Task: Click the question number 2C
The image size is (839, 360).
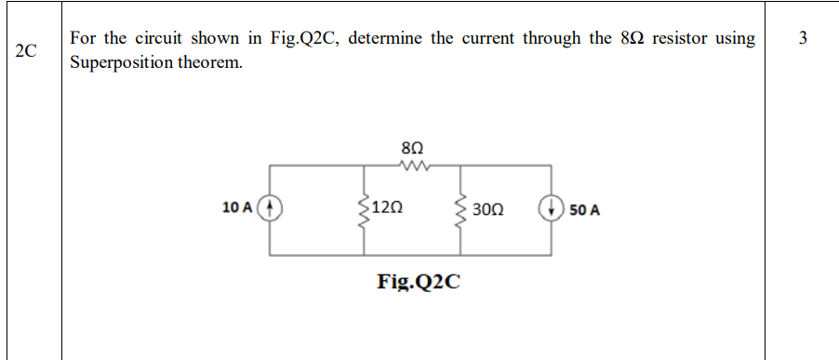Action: pos(27,51)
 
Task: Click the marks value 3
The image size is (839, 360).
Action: pos(803,38)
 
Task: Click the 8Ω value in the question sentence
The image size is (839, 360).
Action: pos(629,39)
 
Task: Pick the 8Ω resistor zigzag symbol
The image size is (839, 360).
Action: pos(411,167)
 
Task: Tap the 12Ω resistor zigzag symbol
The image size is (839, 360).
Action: pos(362,209)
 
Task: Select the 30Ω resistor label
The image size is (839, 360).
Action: pos(488,209)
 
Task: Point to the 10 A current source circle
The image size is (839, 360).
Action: pos(270,208)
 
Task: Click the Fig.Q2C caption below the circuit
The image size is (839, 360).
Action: pos(419,280)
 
